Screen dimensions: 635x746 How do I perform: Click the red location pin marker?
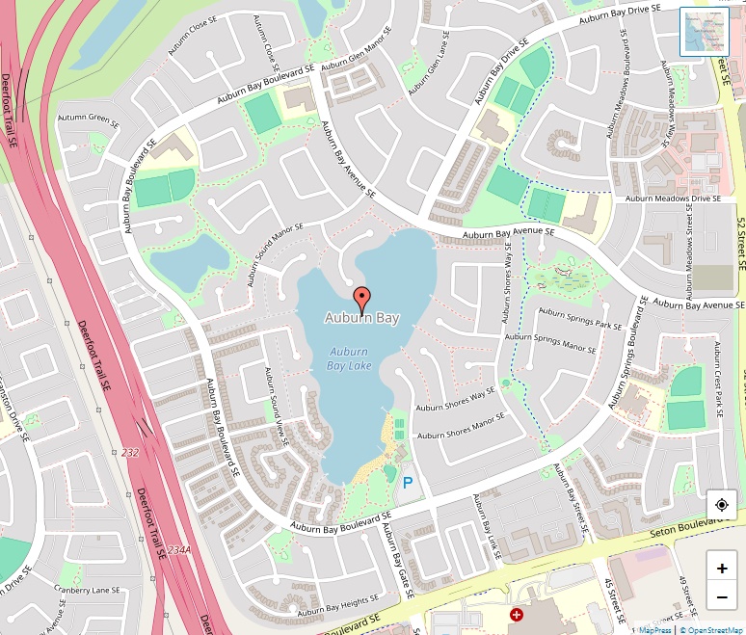[361, 298]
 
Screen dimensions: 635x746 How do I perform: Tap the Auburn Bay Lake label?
[349, 358]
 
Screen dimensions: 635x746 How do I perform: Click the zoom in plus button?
[722, 568]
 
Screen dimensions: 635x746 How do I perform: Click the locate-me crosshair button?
[722, 504]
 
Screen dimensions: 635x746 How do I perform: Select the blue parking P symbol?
[409, 479]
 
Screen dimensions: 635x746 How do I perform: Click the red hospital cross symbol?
[517, 614]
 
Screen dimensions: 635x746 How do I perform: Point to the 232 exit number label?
[129, 452]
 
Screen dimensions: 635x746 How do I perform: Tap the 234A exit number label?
[178, 550]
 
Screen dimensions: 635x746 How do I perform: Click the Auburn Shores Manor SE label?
[462, 428]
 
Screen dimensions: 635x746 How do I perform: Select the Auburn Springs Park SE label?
[580, 318]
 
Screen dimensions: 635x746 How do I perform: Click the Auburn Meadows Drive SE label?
[673, 198]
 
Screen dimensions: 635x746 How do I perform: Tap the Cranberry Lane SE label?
[86, 590]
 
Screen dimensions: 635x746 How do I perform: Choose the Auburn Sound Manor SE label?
[275, 254]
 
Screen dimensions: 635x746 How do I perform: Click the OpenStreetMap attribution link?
[712, 629]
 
